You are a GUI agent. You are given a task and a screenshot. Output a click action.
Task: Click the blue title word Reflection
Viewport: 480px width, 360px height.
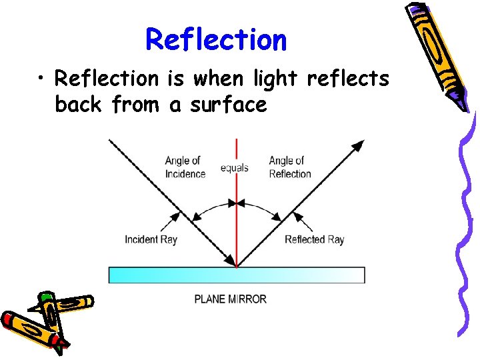click(x=216, y=39)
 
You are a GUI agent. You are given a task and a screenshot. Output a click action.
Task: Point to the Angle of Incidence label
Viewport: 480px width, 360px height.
click(x=184, y=167)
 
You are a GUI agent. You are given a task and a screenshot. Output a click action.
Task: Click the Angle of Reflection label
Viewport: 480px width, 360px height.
click(x=289, y=167)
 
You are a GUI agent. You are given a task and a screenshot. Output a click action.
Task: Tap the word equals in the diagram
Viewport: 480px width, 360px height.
click(x=234, y=167)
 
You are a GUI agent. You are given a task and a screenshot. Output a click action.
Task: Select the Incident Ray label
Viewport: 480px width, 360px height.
click(x=151, y=239)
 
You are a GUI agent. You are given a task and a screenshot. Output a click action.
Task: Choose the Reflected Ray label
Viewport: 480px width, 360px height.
click(x=314, y=239)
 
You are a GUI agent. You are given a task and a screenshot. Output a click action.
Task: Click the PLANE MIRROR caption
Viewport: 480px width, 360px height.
click(x=230, y=299)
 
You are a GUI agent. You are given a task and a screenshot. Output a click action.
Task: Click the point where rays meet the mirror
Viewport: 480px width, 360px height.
click(x=237, y=267)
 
